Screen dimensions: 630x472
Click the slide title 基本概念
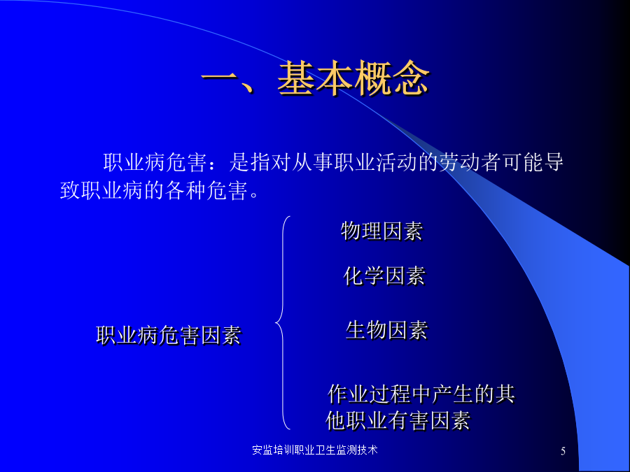(353, 78)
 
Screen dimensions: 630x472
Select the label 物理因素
(381, 231)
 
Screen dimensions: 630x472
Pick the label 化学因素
(384, 276)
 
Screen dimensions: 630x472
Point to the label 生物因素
(386, 330)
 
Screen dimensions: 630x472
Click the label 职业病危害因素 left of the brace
(169, 335)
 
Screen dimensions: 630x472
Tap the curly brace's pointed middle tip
(276, 322)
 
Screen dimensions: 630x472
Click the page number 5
(563, 451)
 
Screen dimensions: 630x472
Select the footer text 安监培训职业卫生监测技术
(315, 450)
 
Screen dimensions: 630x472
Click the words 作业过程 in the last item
(369, 393)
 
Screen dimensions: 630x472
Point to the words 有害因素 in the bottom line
(429, 421)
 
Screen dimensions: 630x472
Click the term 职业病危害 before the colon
(155, 162)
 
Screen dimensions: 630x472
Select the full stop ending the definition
(254, 195)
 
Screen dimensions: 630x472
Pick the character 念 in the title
(412, 78)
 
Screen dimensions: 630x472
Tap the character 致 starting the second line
(70, 189)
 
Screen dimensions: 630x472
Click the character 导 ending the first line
(553, 162)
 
